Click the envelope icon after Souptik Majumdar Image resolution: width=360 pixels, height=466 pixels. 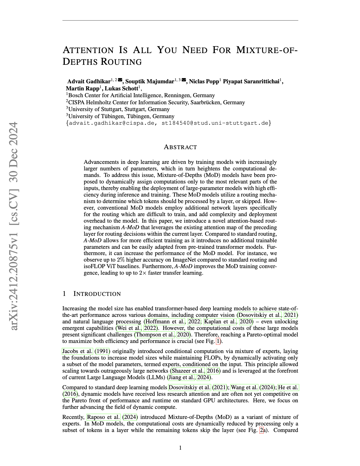184,80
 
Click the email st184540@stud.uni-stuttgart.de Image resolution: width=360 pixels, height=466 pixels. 215,123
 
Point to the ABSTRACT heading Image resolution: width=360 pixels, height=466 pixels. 180,147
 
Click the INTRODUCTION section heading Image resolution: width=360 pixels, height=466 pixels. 97,294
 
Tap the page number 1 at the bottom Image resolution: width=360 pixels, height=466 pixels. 180,448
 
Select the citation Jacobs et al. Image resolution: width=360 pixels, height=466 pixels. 77,351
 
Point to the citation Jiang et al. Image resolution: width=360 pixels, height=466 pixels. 182,377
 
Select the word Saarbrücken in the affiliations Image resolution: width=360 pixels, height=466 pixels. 206,102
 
